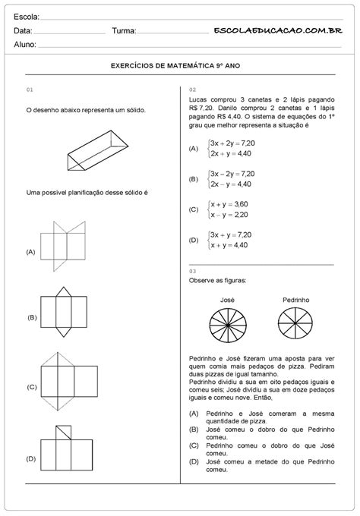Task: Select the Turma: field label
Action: pyautogui.click(x=124, y=31)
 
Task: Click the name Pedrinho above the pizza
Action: pyautogui.click(x=296, y=300)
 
